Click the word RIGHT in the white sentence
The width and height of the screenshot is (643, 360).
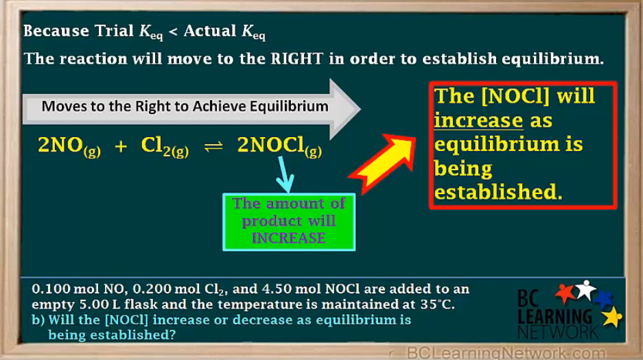click(x=296, y=58)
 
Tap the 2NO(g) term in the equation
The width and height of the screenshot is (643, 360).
click(x=69, y=146)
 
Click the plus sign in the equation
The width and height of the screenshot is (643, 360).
click(x=121, y=147)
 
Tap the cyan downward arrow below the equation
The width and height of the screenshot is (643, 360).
click(x=283, y=175)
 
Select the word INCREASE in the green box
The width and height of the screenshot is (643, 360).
click(x=288, y=238)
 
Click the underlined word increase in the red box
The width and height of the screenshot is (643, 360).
click(x=479, y=121)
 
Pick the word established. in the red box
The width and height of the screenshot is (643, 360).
click(x=498, y=192)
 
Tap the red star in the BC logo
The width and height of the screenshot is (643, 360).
click(x=565, y=293)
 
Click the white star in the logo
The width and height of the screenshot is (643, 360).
click(x=585, y=289)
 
